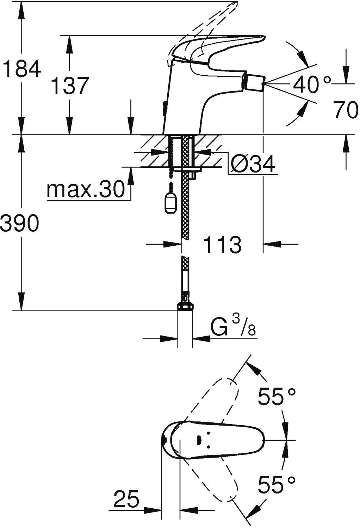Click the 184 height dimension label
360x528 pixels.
(x=22, y=69)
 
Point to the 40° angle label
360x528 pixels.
(x=312, y=85)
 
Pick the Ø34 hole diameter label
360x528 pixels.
(x=253, y=164)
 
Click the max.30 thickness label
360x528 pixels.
(x=86, y=190)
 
